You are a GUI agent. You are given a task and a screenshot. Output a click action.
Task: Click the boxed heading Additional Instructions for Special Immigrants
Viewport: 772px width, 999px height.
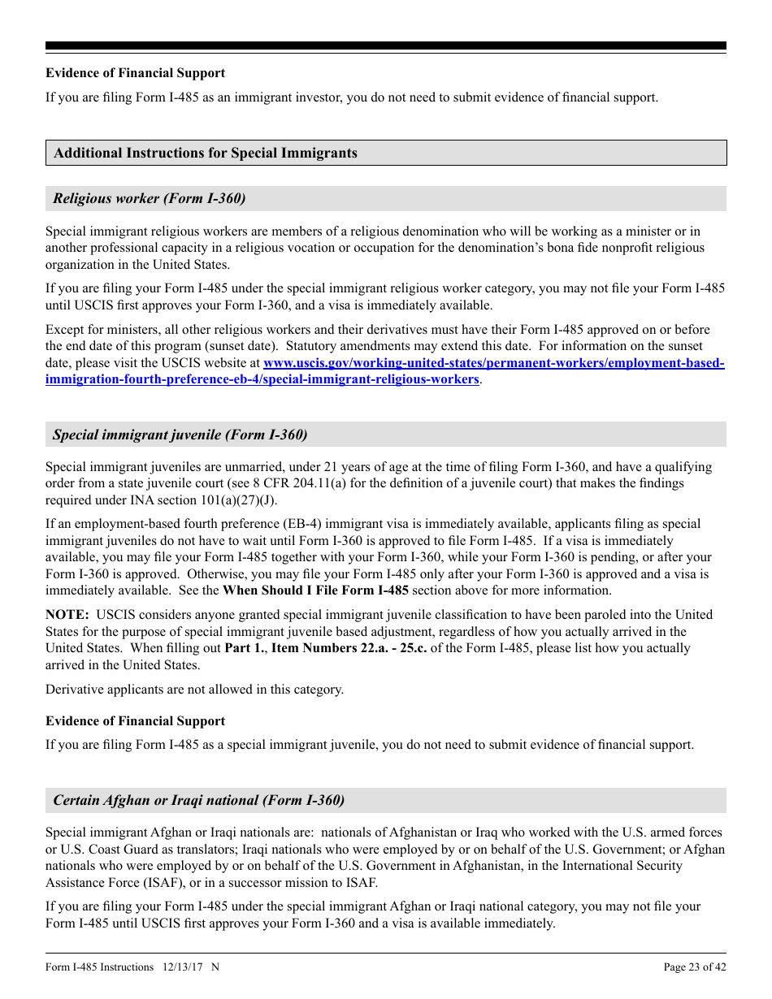[206, 153]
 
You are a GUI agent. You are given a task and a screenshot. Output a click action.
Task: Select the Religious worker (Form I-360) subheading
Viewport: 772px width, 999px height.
[150, 198]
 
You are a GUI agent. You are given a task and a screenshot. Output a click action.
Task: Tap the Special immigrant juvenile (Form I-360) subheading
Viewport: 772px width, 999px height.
[180, 435]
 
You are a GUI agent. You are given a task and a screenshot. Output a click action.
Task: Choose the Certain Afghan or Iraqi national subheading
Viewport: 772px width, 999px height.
[199, 800]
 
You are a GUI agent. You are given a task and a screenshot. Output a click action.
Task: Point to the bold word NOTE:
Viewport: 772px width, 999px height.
[67, 615]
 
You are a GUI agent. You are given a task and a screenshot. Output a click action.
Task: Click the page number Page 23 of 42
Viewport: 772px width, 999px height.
[695, 967]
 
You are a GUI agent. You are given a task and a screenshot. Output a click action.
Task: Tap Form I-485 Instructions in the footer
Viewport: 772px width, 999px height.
[99, 967]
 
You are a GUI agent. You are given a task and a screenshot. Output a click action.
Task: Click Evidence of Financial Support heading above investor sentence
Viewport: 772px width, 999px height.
[135, 73]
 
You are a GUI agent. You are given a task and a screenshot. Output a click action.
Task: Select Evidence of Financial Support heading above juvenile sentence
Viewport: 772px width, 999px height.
[135, 721]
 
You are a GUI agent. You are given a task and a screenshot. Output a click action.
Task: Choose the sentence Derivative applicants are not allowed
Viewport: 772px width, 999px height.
[195, 690]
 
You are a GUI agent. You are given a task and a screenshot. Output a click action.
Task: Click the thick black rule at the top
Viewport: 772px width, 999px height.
[386, 46]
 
